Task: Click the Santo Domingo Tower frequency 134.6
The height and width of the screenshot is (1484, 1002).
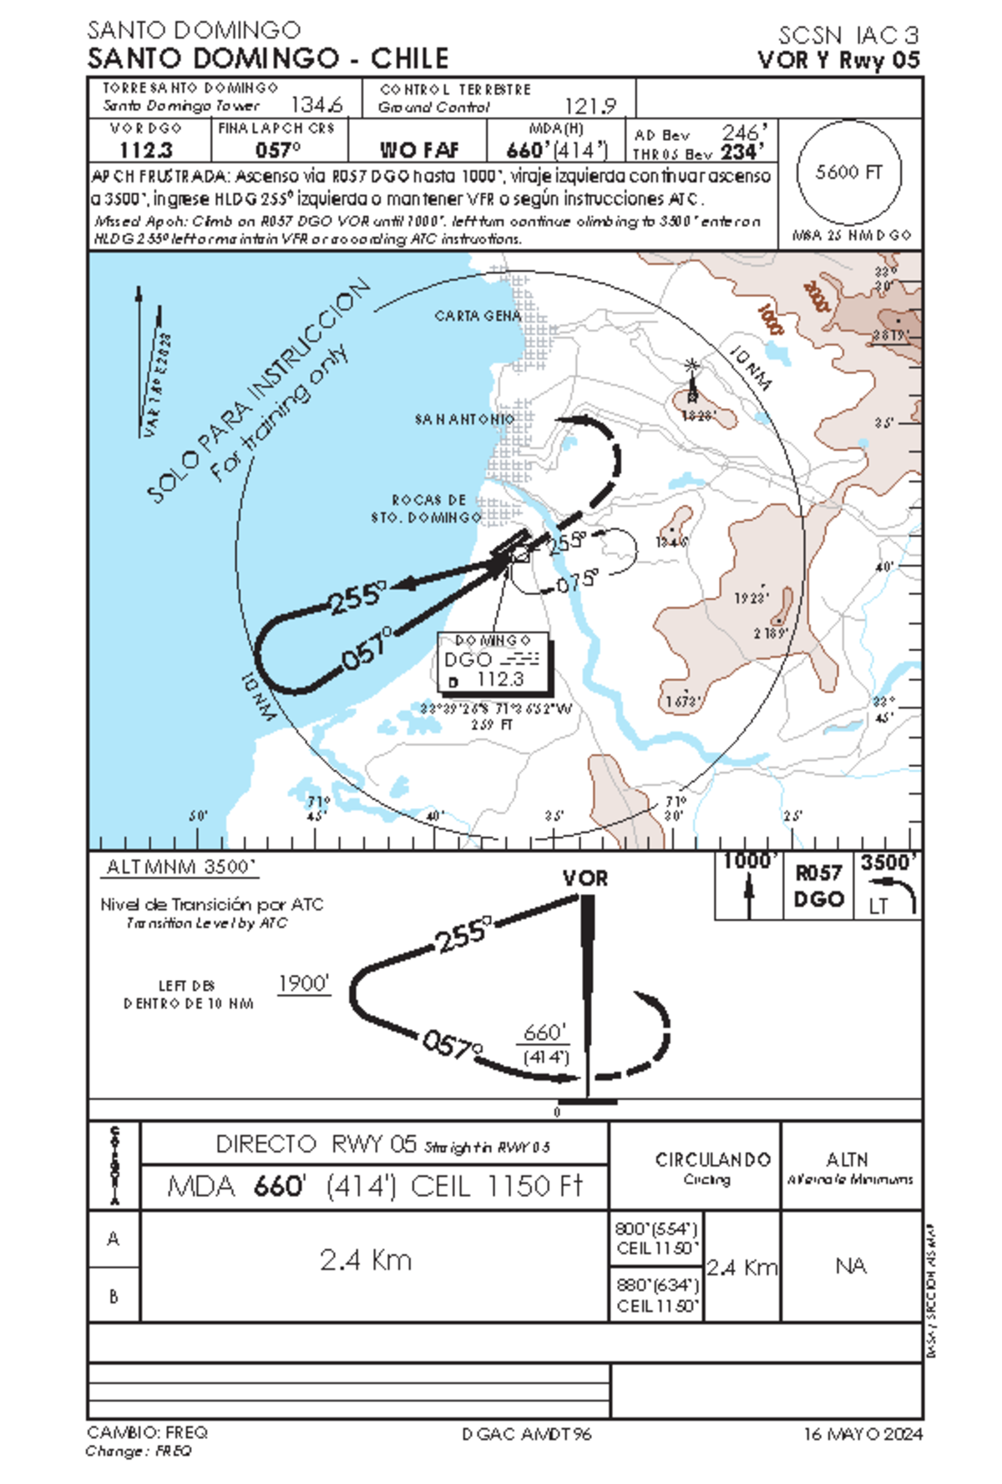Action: click(316, 105)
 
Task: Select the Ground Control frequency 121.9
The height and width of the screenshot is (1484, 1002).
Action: click(590, 106)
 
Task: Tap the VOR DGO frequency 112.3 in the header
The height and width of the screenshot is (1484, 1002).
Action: click(145, 150)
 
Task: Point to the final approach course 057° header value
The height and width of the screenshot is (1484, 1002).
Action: click(277, 150)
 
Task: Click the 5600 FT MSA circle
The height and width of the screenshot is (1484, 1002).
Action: click(848, 172)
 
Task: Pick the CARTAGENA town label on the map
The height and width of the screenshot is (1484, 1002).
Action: click(478, 316)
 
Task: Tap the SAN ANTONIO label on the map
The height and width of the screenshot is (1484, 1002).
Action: click(464, 419)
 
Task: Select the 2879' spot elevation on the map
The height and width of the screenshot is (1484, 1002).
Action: click(890, 336)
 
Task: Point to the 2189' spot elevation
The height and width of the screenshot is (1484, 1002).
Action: click(771, 633)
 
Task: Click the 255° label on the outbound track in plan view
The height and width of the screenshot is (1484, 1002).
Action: click(357, 598)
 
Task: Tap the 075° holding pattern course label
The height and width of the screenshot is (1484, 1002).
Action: click(577, 582)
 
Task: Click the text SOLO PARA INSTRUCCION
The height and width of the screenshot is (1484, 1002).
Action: click(259, 391)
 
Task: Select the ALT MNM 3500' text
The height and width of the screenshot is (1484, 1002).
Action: click(180, 867)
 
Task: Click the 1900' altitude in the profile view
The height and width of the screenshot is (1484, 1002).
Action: click(304, 983)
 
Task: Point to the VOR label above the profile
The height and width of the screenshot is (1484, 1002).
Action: click(584, 878)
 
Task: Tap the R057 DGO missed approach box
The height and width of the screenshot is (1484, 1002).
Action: click(818, 886)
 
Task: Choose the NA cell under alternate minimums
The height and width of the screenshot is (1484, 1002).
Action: click(850, 1266)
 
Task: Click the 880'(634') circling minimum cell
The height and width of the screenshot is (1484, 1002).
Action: click(657, 1295)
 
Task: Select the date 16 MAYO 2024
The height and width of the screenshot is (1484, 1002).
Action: click(863, 1434)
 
